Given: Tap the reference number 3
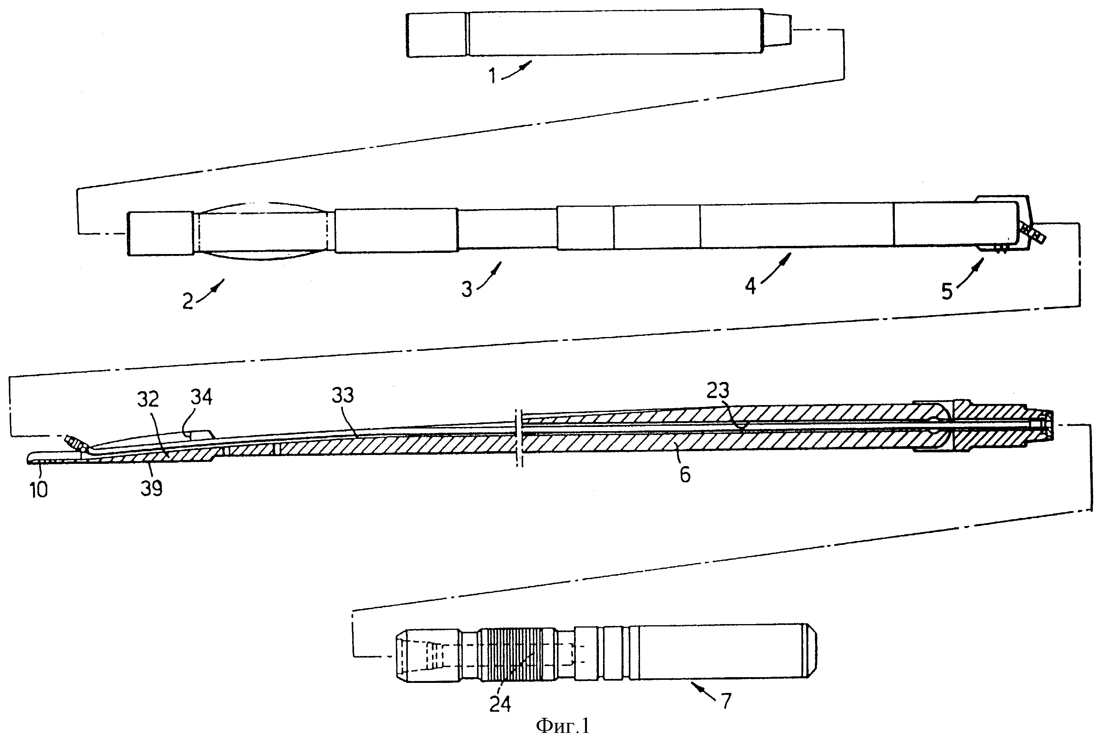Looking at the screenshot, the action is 467,289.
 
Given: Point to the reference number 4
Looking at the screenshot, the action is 750,286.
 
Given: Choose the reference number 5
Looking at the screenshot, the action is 947,292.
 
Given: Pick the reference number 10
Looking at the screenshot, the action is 39,490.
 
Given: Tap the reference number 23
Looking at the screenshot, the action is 718,390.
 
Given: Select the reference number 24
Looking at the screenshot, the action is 500,704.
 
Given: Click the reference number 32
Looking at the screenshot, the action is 148,400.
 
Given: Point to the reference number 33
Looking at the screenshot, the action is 343,395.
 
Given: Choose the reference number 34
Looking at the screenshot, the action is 201,397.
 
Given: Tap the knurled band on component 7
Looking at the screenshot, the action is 517,655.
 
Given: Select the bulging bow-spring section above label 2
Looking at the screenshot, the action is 266,231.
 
